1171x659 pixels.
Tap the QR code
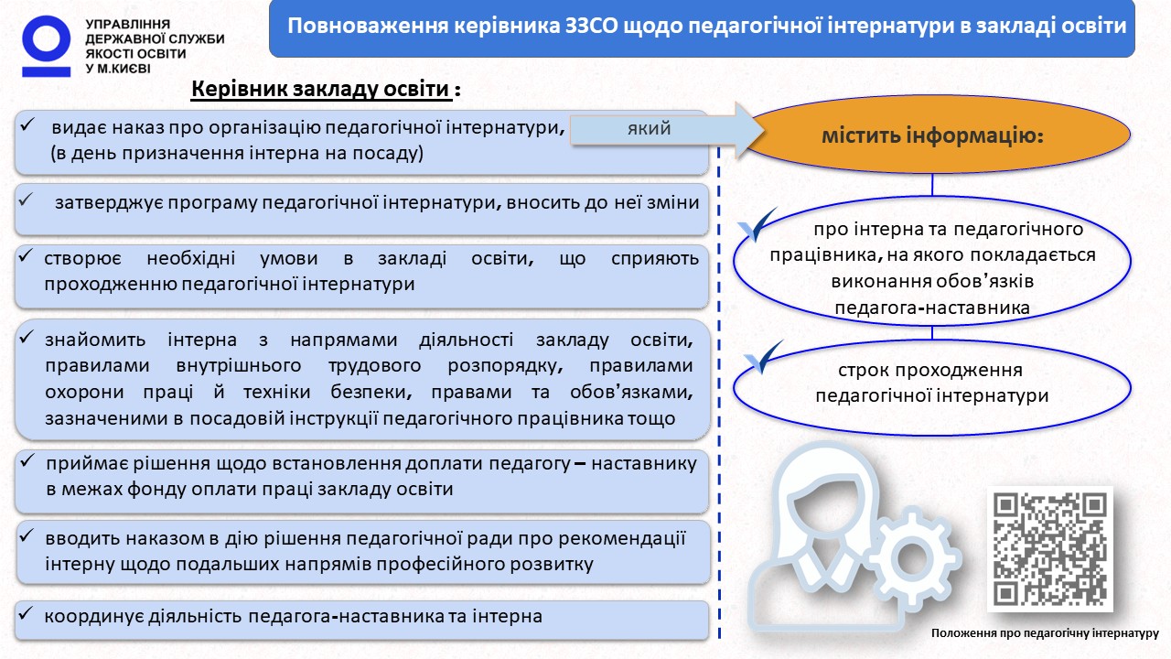[1049, 548]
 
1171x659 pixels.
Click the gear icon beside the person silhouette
[912, 558]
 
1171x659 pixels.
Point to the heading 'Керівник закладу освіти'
[320, 89]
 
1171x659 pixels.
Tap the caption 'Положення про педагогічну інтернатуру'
[1045, 633]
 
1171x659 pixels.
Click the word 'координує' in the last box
[93, 617]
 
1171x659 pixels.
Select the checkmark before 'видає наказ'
[27, 124]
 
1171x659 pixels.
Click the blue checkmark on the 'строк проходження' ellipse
[763, 357]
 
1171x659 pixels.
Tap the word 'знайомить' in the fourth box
[95, 340]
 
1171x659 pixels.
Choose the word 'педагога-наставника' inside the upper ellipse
[932, 308]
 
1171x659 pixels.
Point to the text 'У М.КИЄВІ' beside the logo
[118, 69]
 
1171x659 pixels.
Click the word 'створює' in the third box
[82, 258]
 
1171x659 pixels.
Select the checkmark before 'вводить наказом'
[27, 535]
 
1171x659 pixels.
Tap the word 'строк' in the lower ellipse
[863, 371]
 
